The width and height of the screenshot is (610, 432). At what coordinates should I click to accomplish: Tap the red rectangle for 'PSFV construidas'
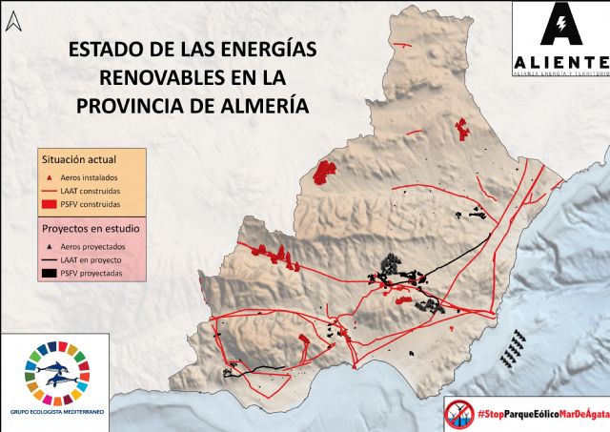(x=51, y=204)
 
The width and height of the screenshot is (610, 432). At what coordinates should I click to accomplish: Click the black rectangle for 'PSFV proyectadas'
(x=51, y=274)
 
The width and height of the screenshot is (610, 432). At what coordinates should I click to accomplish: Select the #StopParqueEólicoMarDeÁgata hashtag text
(x=542, y=412)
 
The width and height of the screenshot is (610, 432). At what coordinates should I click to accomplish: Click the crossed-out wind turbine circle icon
(x=459, y=412)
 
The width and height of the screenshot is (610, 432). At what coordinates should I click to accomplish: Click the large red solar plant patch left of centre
(x=327, y=173)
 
